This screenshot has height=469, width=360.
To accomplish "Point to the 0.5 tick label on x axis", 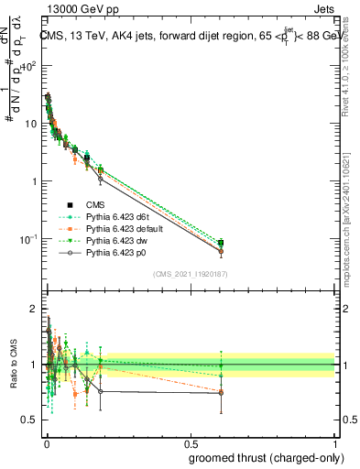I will pyautogui.click(x=191, y=442).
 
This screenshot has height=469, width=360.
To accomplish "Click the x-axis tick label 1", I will pyautogui.click(x=335, y=442).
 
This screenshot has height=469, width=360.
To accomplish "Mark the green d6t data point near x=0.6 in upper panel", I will pyautogui.click(x=221, y=242).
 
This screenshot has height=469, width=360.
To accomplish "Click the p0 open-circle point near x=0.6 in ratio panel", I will pyautogui.click(x=221, y=393).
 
